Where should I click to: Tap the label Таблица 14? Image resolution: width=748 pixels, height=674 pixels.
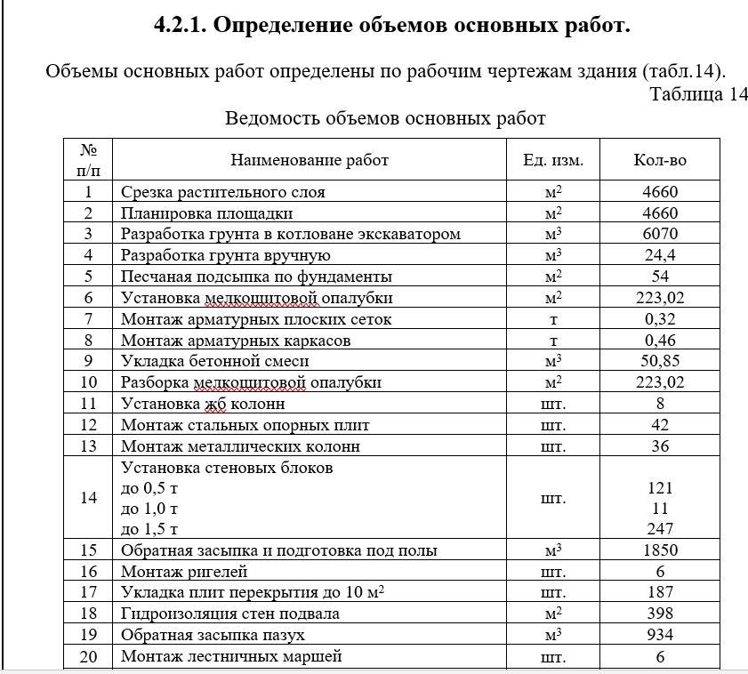698,95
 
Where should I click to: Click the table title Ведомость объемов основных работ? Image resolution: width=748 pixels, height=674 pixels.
385,118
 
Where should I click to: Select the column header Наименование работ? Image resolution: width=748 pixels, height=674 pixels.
310,160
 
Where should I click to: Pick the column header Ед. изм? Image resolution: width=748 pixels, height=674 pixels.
553,160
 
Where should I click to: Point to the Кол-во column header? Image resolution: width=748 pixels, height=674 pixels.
660,160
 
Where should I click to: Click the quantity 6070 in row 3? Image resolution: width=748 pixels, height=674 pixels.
660,234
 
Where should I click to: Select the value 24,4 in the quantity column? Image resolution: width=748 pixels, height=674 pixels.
660,255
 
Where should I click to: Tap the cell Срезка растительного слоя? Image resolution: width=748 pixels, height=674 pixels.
223,192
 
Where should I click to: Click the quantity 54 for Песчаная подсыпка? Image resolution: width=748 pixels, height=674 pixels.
660,277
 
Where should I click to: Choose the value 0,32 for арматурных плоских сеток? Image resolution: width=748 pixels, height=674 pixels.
660,319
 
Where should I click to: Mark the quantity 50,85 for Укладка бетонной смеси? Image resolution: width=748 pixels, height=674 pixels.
660,361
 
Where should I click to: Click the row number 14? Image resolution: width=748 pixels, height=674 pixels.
88,498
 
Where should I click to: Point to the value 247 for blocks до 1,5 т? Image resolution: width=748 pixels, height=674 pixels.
660,530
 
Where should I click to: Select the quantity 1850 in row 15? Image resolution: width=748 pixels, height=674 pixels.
660,550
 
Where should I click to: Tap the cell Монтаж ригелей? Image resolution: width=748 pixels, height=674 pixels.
184,572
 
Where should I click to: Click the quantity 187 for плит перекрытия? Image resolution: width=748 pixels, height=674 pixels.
660,592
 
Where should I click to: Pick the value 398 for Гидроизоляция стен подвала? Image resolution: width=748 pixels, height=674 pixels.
660,614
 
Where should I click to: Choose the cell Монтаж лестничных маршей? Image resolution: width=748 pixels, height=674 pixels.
231,656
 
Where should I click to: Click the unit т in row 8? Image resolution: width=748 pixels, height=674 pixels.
553,341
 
